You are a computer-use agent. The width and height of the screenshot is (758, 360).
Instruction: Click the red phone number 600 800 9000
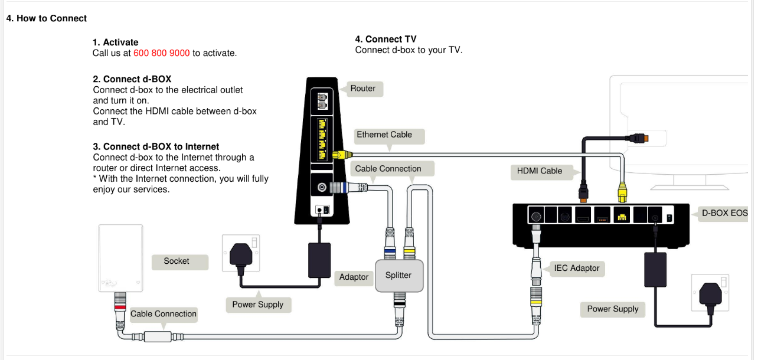[161, 53]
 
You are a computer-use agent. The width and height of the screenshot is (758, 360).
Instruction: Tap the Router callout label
[362, 89]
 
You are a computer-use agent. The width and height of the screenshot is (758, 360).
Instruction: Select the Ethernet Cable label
[384, 135]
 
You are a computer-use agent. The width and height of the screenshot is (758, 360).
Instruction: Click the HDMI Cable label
[540, 171]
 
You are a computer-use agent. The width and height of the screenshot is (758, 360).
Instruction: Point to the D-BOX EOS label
[724, 213]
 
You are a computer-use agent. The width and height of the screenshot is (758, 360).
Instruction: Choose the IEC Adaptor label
[576, 269]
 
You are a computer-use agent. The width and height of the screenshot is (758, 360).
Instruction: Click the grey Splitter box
[398, 276]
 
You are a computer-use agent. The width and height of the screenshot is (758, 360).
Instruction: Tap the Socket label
[177, 261]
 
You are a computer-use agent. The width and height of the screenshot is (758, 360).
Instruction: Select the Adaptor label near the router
[354, 277]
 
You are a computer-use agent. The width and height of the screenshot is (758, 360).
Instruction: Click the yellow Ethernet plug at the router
[339, 155]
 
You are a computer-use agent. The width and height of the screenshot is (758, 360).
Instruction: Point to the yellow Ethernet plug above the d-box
[622, 191]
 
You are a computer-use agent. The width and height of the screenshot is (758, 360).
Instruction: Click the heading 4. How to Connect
[47, 18]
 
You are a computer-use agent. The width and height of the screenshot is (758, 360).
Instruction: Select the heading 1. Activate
[115, 42]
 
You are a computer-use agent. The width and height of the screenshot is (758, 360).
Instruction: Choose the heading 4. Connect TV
[385, 40]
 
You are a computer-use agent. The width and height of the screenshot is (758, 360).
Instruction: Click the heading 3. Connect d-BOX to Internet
[156, 147]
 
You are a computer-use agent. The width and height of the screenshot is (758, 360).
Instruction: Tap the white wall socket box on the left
[120, 258]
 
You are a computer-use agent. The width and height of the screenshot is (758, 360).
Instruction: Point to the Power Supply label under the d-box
[612, 309]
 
